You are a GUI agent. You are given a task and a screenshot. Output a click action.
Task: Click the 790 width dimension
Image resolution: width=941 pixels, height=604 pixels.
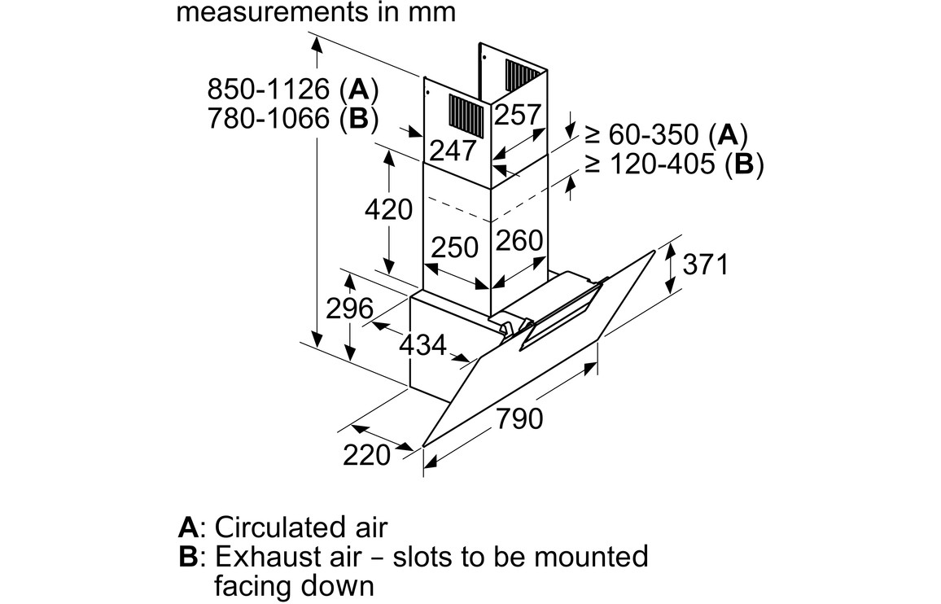click(519, 419)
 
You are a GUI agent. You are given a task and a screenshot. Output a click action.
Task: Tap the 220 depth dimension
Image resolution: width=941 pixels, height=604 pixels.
click(366, 455)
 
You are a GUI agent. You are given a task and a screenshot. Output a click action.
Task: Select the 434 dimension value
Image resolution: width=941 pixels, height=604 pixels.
click(422, 345)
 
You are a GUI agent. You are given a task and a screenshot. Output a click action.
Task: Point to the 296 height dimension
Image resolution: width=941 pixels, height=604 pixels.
click(348, 309)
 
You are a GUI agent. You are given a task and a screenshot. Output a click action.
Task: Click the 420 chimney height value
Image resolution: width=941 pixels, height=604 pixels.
click(388, 210)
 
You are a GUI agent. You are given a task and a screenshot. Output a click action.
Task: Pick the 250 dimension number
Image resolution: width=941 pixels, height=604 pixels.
click(454, 247)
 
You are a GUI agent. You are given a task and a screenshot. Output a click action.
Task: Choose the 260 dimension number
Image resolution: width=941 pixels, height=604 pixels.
click(519, 240)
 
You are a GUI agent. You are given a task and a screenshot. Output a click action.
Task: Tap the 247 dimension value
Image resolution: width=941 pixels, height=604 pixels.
click(453, 151)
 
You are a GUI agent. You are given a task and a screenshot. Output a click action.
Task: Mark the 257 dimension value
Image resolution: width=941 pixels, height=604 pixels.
click(518, 115)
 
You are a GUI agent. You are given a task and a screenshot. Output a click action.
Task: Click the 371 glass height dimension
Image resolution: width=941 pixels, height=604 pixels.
click(705, 265)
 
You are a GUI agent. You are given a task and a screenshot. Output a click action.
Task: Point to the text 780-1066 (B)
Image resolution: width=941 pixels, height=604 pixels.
click(293, 120)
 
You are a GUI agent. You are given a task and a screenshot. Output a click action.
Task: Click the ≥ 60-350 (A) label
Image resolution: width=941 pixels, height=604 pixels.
click(666, 133)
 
